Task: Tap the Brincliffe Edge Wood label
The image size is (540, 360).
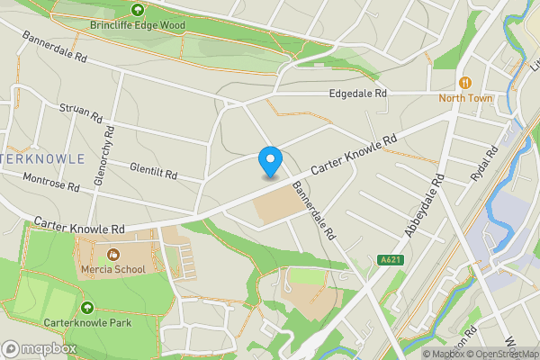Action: point(137,25)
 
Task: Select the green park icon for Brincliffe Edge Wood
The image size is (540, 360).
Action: point(137,10)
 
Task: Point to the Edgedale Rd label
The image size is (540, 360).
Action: point(357,94)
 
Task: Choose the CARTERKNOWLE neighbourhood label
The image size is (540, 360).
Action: point(42,158)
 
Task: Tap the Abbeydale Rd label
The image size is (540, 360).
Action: point(426,206)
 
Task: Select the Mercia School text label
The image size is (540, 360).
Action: point(113,269)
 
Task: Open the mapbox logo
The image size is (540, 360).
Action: point(39,348)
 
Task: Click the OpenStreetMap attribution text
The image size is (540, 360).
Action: point(501,354)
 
